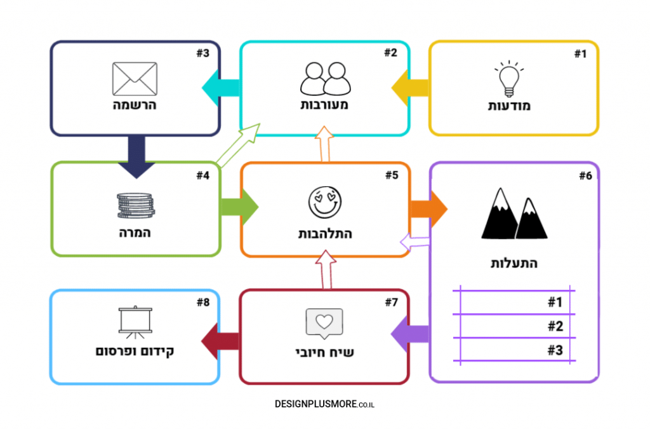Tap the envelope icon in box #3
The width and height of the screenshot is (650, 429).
pyautogui.click(x=135, y=79)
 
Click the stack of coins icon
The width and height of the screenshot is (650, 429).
pyautogui.click(x=135, y=205)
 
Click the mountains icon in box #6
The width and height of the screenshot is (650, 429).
pyautogui.click(x=514, y=214)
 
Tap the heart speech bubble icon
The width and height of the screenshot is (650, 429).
pyautogui.click(x=324, y=323)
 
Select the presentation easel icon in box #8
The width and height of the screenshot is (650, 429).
pyautogui.click(x=135, y=323)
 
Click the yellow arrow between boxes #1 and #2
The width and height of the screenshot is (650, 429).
pyautogui.click(x=410, y=88)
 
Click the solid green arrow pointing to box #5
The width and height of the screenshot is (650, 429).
pyautogui.click(x=239, y=207)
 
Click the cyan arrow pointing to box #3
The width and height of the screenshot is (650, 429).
pyautogui.click(x=220, y=88)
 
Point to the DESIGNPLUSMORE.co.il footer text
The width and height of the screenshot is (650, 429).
pyautogui.click(x=324, y=404)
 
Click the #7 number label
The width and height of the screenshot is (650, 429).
pyautogui.click(x=391, y=303)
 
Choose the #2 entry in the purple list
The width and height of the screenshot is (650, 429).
pyautogui.click(x=555, y=326)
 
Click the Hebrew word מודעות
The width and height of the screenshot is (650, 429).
pyautogui.click(x=509, y=106)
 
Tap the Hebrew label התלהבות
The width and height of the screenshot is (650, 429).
pyautogui.click(x=325, y=234)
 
